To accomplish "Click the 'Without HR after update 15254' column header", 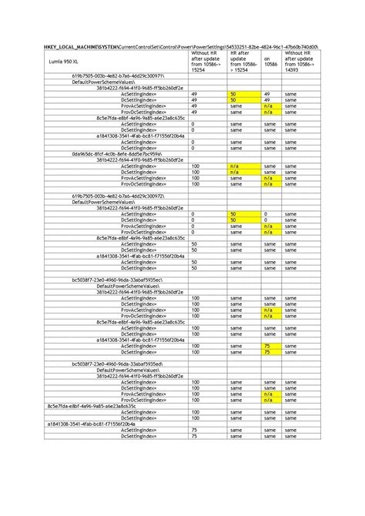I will [x=204, y=61].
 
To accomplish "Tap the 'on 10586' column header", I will [x=269, y=61].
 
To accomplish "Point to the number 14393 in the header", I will [x=293, y=70].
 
